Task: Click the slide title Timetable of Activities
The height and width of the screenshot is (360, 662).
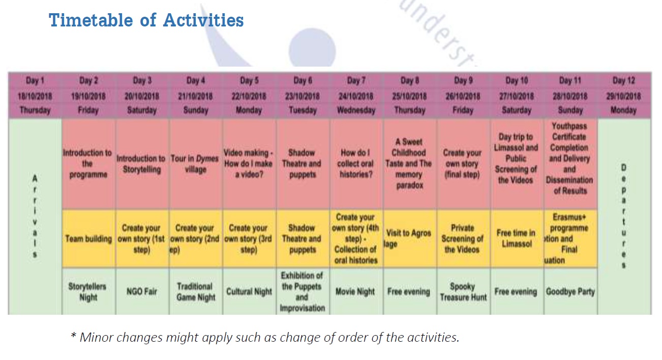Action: pos(146,21)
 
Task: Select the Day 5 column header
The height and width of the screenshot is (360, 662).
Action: pos(249,81)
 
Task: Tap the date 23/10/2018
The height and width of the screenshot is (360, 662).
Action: pos(303,96)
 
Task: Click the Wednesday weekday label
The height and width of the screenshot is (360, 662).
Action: pos(356,110)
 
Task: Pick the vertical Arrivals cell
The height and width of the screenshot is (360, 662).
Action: pos(35,217)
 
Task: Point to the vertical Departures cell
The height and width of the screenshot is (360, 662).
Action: pos(624,217)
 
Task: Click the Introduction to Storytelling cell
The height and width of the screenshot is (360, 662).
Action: pos(141,164)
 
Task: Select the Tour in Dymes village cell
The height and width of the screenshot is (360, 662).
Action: pos(195,164)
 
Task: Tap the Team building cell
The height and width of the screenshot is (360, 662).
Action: pos(88,238)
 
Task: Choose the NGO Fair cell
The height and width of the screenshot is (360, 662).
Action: pos(141,292)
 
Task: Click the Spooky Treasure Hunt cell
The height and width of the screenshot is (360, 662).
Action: pos(463,292)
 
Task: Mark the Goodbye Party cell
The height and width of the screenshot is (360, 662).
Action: pos(570,292)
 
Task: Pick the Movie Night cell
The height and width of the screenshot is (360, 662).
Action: pos(355,292)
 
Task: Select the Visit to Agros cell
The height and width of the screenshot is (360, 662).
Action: pos(409,238)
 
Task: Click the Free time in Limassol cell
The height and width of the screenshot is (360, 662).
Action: pos(516,238)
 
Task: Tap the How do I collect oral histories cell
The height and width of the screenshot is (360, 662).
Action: pos(355,164)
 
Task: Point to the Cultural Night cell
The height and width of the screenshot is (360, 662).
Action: pos(249,292)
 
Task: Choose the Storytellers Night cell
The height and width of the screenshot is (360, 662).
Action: pos(88,292)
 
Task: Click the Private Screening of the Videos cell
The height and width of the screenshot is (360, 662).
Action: pos(463,238)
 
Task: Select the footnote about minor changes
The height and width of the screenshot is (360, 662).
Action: pos(264,337)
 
